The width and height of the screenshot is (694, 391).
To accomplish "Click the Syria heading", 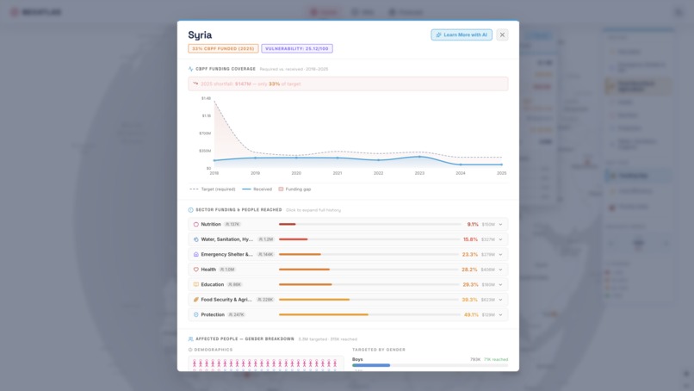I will (x=201, y=35).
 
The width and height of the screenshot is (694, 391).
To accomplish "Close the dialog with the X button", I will (x=502, y=34).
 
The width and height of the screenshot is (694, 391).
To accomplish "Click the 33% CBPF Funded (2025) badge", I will (x=223, y=49).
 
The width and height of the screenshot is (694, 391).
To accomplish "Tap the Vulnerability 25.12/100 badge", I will (x=297, y=49).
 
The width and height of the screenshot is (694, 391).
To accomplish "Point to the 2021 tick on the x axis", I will (x=338, y=173).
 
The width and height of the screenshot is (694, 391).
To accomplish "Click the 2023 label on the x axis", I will (x=419, y=173).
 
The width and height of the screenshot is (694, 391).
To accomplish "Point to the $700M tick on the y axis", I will (x=205, y=133).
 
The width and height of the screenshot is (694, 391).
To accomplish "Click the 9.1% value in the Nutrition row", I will (x=473, y=224).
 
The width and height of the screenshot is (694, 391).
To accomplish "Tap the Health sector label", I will (x=208, y=270).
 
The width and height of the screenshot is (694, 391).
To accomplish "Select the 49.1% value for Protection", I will (x=470, y=314).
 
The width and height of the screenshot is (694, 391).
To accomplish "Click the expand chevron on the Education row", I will (x=500, y=284).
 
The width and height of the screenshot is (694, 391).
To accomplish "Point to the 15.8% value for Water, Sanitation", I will (x=470, y=239).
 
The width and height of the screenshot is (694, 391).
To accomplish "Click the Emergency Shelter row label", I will (x=226, y=254).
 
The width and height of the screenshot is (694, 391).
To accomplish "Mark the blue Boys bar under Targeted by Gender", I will (x=371, y=365).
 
